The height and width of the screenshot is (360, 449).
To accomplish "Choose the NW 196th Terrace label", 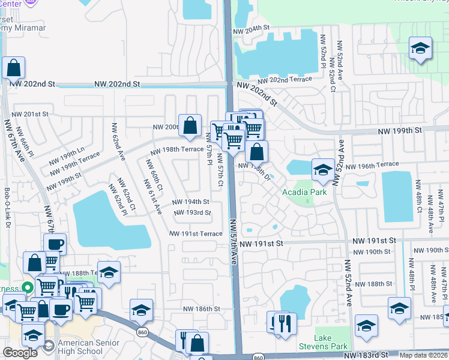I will (379, 164).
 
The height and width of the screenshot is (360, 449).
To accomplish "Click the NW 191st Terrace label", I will (196, 233).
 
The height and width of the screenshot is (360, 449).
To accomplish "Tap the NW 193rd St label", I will (192, 213).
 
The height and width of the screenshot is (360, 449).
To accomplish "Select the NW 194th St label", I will (190, 202).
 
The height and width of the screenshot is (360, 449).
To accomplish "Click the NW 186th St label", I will (202, 308).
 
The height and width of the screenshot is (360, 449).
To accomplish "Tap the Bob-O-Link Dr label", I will (7, 208).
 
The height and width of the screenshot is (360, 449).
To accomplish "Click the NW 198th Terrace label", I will (177, 149).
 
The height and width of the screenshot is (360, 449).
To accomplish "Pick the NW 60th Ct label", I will (156, 181).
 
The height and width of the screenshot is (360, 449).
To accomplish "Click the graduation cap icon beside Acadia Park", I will (323, 169).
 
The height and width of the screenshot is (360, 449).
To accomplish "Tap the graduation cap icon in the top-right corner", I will (420, 48).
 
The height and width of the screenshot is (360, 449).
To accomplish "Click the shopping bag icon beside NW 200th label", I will (190, 125).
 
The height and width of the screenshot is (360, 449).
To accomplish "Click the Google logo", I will (20, 352).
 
